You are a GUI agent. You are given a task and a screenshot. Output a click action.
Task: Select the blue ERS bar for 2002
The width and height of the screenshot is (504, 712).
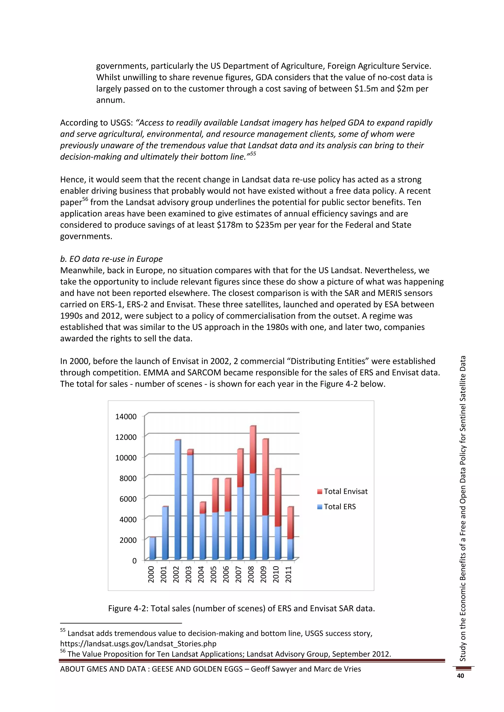click(177, 499)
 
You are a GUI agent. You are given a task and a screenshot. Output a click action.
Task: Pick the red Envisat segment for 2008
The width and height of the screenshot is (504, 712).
click(253, 450)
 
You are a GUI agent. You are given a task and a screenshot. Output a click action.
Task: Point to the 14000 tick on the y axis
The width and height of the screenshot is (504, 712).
click(126, 416)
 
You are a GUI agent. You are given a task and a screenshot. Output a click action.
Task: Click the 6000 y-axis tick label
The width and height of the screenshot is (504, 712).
click(126, 499)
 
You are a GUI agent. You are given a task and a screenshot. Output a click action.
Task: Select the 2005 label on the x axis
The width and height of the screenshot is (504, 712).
click(214, 574)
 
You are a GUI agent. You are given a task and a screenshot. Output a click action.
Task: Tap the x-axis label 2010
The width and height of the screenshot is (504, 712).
click(276, 574)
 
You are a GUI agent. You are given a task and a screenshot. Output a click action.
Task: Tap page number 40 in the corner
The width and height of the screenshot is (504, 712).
click(460, 676)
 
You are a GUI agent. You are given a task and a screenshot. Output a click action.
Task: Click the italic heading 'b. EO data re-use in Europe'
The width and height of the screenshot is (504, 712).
click(111, 259)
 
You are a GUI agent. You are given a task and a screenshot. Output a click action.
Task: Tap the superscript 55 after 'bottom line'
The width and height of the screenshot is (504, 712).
click(253, 154)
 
